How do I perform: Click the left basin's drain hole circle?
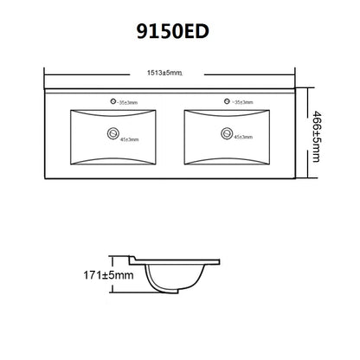point(113,133)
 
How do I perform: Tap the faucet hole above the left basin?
point(112,101)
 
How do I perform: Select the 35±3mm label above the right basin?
point(245,102)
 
